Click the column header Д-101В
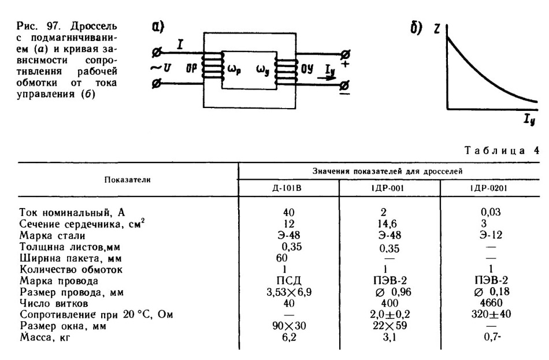click(x=287, y=188)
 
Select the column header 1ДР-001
click(x=387, y=188)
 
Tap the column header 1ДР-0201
click(x=488, y=188)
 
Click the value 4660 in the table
click(x=492, y=303)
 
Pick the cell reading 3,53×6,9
click(x=289, y=292)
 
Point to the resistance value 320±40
click(x=491, y=314)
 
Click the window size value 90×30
click(x=289, y=326)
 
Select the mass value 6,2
click(x=289, y=337)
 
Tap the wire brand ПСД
click(x=289, y=280)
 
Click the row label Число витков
click(x=54, y=303)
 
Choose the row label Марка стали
click(x=53, y=235)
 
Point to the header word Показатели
click(x=128, y=180)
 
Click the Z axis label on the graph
click(x=437, y=29)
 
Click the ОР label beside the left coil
click(x=191, y=68)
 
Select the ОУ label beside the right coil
click(x=307, y=69)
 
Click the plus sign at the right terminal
click(x=345, y=64)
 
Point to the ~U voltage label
click(x=161, y=68)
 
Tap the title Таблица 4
click(x=502, y=150)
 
